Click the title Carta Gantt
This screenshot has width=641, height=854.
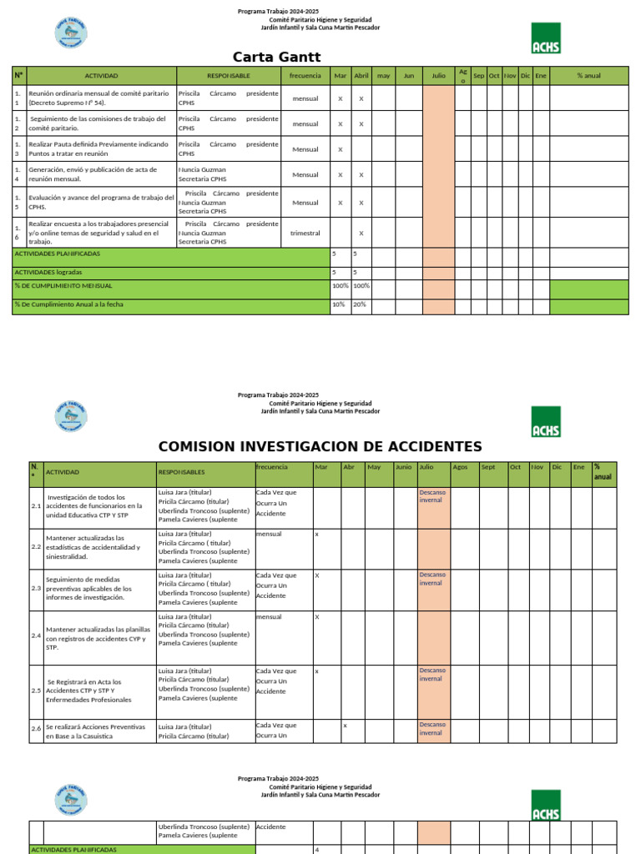276,57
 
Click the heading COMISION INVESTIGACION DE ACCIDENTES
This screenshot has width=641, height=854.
320,446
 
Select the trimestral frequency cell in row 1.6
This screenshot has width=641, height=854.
305,233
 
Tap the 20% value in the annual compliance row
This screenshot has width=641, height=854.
361,304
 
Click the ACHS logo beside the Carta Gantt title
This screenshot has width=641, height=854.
546,38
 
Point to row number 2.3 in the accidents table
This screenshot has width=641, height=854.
36,588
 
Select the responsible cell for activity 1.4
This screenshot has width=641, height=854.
227,174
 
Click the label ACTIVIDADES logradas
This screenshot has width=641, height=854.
47,272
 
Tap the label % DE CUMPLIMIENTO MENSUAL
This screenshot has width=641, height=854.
63,285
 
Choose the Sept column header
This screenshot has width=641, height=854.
488,467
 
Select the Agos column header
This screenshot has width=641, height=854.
461,467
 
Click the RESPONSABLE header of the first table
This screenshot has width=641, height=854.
229,76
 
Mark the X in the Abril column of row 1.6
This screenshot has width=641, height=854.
361,233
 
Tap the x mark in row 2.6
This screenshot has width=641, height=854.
345,726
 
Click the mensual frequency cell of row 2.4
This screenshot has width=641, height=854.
269,617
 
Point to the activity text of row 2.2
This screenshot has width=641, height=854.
93,546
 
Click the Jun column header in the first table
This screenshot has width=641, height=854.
409,76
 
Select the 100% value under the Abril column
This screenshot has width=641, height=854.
361,285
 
